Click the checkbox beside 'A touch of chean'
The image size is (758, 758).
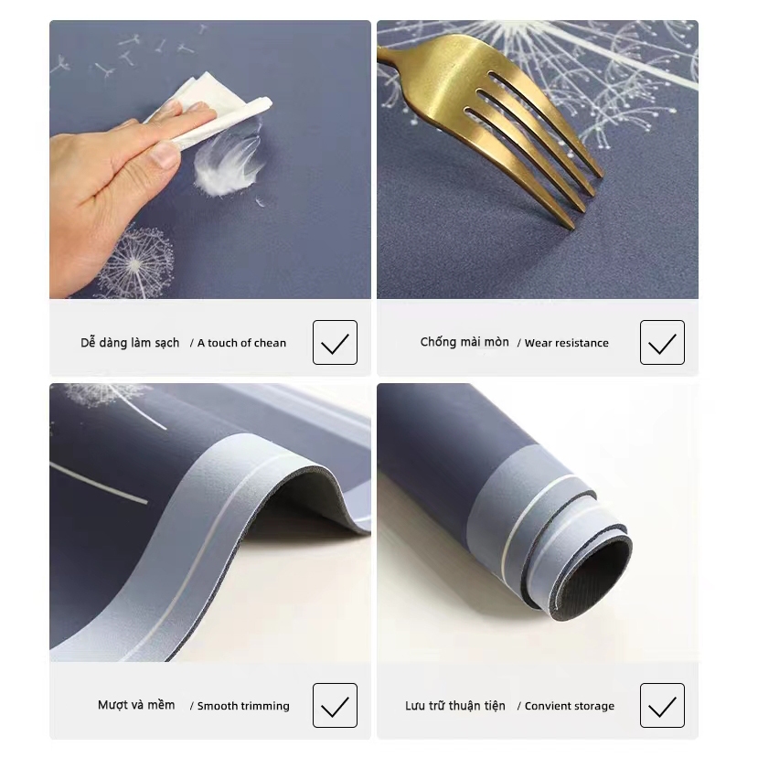tap(335, 343)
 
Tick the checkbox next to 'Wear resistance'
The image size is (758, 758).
tap(662, 343)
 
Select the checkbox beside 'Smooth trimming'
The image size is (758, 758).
tap(335, 706)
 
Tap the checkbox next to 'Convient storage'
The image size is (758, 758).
tap(662, 706)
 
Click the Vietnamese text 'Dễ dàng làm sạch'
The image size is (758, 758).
tap(130, 343)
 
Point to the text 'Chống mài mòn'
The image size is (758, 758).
tap(464, 342)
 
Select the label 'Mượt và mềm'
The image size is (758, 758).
tap(136, 705)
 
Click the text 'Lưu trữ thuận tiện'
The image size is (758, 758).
tap(455, 706)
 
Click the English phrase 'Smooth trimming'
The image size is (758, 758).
tap(243, 706)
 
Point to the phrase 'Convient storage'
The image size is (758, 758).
tap(569, 706)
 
